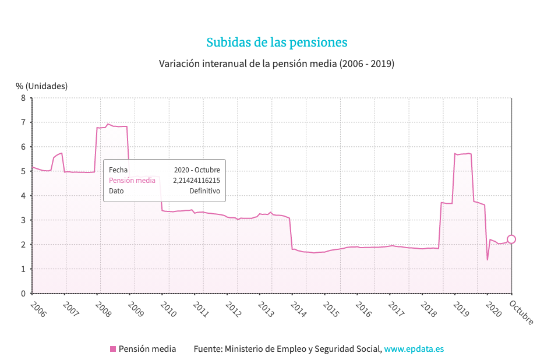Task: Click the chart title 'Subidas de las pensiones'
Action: click(277, 43)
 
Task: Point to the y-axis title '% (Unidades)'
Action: click(41, 86)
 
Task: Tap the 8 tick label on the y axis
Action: click(23, 98)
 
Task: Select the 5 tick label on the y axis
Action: click(23, 171)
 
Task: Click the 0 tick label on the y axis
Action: click(23, 294)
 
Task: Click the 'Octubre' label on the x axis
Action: click(521, 312)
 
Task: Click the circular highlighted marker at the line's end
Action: click(511, 239)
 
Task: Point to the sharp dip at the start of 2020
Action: click(488, 259)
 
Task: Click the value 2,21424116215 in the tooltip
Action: click(196, 181)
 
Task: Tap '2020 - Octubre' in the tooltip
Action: click(197, 170)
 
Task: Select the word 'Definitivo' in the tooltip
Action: click(204, 191)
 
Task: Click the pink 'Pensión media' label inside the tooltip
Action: click(132, 181)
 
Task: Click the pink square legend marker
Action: click(113, 349)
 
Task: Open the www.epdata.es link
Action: click(414, 349)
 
